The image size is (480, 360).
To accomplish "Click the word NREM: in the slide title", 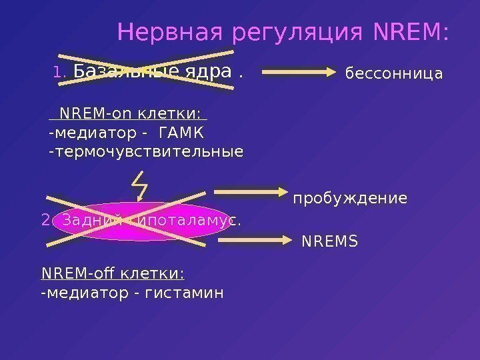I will [x=412, y=31].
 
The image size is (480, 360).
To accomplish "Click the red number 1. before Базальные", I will [x=59, y=72].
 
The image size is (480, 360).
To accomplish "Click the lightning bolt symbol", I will [x=140, y=185].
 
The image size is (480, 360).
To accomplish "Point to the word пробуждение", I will [x=350, y=199].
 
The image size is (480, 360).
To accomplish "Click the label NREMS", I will [x=329, y=241].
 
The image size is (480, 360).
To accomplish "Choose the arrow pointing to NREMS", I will [x=267, y=239].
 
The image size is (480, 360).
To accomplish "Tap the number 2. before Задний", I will [x=46, y=220].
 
